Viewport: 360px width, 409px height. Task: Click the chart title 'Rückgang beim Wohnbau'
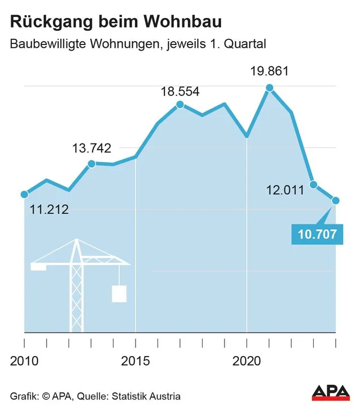click(115, 22)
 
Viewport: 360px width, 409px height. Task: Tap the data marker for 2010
click(24, 195)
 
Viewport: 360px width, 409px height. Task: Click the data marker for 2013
click(91, 164)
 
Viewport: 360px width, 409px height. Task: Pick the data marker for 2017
click(180, 105)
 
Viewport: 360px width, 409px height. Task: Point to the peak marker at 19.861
click(269, 88)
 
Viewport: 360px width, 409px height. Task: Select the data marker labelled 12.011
click(314, 185)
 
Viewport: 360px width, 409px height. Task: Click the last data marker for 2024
click(336, 200)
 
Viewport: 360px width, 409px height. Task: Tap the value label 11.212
click(49, 210)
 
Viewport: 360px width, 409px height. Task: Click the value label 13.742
click(92, 149)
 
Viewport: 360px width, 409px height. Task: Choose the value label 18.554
click(181, 92)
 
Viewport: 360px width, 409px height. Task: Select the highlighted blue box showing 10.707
click(317, 234)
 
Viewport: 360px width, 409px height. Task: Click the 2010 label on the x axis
click(24, 360)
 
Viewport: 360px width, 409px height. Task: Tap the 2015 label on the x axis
click(136, 360)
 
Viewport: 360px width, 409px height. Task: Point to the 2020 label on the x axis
click(247, 360)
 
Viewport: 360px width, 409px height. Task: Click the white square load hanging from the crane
click(119, 294)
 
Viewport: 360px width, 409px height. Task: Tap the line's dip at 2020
click(247, 136)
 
